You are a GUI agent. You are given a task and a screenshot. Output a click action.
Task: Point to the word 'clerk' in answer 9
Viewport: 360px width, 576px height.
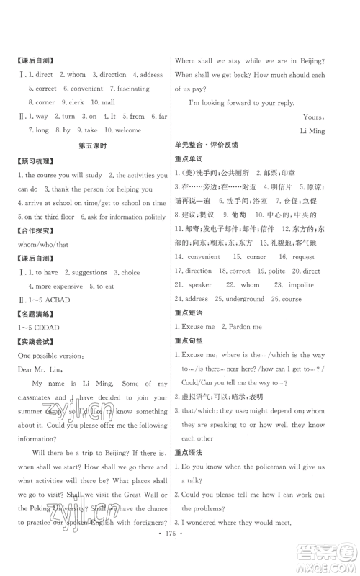[77, 102]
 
